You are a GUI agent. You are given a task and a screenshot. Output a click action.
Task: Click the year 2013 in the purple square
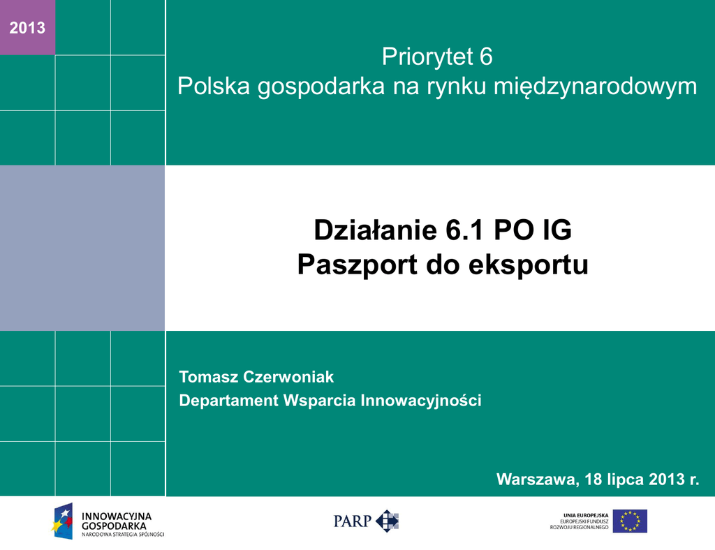tap(27, 28)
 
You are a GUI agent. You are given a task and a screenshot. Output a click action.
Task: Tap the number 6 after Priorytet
tap(486, 57)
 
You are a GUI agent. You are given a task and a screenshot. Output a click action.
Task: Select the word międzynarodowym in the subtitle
tap(596, 87)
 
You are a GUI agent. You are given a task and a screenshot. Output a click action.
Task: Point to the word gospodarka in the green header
tap(321, 87)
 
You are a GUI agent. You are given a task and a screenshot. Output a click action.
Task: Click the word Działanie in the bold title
tap(376, 230)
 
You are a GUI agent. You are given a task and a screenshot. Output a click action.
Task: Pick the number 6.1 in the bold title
tap(464, 230)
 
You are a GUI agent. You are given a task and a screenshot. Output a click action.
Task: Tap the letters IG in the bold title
tap(556, 230)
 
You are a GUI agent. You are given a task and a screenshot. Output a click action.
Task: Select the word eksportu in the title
tap(528, 265)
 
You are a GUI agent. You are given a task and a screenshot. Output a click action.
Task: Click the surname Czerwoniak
tap(288, 377)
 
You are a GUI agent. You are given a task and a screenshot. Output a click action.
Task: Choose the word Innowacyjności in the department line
tap(421, 401)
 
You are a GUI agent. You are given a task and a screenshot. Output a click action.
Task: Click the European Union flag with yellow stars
tap(630, 521)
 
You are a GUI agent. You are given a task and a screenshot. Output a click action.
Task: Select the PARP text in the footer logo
tap(353, 521)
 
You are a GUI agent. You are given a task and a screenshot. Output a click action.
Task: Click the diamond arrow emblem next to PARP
tap(387, 521)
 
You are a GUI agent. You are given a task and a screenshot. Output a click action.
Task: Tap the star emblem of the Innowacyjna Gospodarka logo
tap(62, 521)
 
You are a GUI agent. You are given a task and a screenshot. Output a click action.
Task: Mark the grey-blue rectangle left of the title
tap(82, 248)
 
